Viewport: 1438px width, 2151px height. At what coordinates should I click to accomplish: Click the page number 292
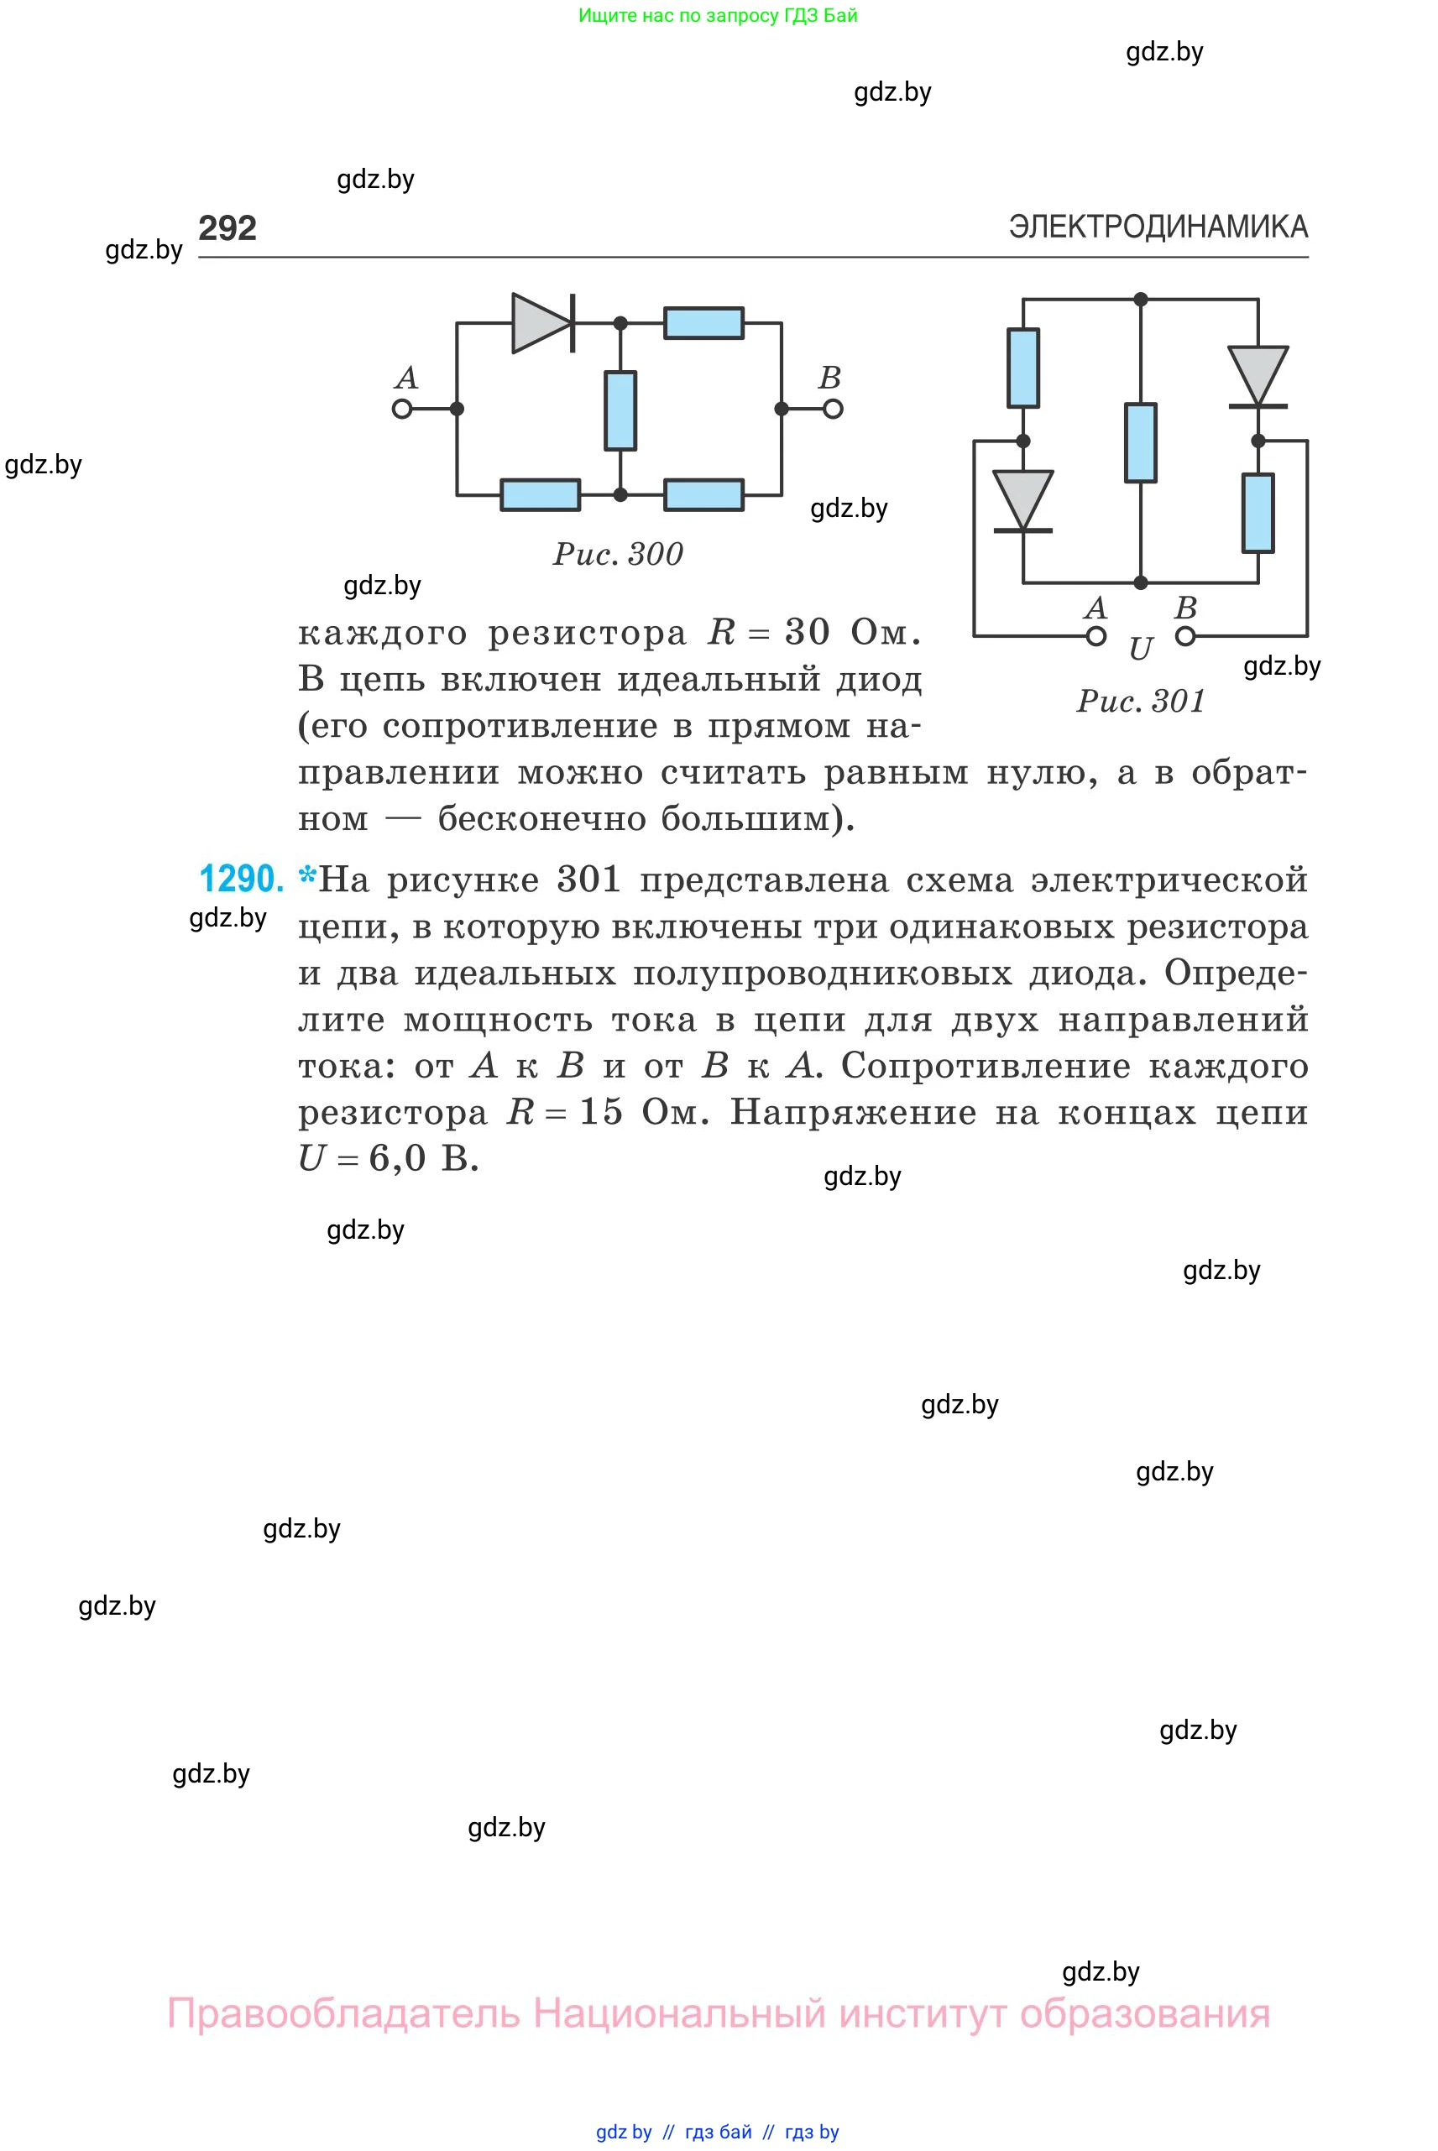pos(227,227)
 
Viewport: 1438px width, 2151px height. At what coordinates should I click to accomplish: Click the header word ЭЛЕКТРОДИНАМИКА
pos(1158,227)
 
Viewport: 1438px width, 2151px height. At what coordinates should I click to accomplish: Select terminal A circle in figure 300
pos(402,409)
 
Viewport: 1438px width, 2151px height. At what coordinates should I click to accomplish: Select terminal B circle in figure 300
pos(833,409)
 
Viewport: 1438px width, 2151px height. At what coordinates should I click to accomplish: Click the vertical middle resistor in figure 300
pos(620,410)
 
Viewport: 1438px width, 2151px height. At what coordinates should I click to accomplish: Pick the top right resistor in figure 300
pos(703,323)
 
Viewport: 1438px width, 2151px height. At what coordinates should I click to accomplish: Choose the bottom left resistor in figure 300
pos(540,495)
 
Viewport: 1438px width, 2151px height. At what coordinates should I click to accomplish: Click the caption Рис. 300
pos(617,554)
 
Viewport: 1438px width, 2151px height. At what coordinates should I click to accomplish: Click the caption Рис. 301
pos(1140,702)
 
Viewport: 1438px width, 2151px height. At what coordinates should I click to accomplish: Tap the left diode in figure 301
pos(1023,501)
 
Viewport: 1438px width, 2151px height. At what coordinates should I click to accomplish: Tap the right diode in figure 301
pos(1258,376)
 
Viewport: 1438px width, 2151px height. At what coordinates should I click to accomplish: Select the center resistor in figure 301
pos(1140,442)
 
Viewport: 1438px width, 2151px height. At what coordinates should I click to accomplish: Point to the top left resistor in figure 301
pos(1023,367)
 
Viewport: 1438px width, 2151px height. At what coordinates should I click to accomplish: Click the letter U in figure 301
pos(1140,649)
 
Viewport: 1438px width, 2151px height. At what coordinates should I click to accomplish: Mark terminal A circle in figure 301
pos(1096,636)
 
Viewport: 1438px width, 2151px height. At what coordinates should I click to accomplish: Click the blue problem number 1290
pos(241,879)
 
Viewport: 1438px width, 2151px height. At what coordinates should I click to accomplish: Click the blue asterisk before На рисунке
pos(307,876)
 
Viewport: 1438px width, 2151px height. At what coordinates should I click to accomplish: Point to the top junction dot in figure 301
pos(1140,299)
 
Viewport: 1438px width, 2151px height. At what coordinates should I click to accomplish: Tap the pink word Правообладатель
pos(343,2013)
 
